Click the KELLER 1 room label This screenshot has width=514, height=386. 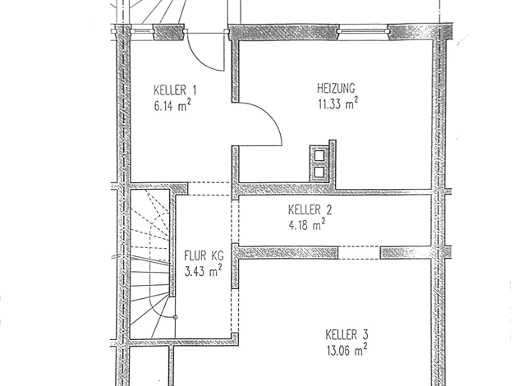click(x=175, y=90)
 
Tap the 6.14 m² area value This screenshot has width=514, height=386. click(x=172, y=106)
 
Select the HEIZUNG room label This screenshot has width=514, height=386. click(x=336, y=88)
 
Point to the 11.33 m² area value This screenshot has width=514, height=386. click(x=338, y=103)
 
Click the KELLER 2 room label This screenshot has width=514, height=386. click(x=310, y=210)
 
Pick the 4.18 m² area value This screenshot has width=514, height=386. click(x=307, y=225)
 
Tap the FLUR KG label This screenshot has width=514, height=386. click(x=204, y=255)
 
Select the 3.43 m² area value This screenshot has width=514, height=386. click(x=204, y=271)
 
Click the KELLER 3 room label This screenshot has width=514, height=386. click(x=346, y=335)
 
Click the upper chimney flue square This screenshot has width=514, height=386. click(x=319, y=155)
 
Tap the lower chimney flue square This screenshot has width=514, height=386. click(x=319, y=172)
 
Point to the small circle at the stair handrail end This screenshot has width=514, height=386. click(x=176, y=317)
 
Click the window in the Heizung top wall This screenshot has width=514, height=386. click(x=363, y=31)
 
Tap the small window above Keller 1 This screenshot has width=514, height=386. click(x=142, y=31)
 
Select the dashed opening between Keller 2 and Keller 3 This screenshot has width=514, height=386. click(x=359, y=253)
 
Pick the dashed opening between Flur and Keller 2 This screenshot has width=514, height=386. click(x=235, y=222)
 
